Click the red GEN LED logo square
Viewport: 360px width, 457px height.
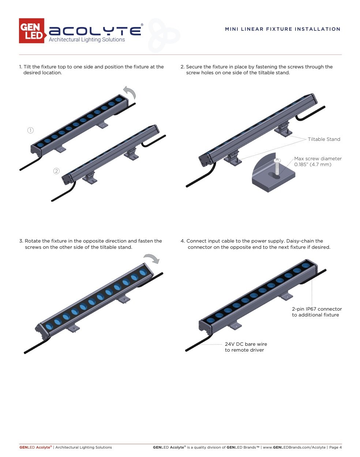(x=31, y=31)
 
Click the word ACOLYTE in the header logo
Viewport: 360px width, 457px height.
(x=95, y=31)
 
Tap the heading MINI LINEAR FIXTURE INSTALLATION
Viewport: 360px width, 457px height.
(x=283, y=29)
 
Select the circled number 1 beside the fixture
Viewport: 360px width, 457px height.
(x=31, y=130)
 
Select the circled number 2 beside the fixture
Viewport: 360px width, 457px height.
(x=56, y=171)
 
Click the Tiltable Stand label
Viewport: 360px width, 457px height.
(x=324, y=139)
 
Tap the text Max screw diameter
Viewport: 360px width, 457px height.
(x=318, y=159)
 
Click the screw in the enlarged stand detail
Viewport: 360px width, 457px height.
(x=277, y=167)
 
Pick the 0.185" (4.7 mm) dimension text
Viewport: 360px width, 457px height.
(x=313, y=165)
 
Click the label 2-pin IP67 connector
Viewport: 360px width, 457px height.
(x=317, y=309)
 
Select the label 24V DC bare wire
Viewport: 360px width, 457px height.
(x=246, y=344)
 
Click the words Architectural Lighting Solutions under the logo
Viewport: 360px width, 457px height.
(x=87, y=40)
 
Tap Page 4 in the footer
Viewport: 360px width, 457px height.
(x=335, y=447)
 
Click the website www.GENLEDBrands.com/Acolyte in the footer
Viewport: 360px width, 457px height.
(x=294, y=447)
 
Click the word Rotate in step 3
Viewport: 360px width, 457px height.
(x=33, y=241)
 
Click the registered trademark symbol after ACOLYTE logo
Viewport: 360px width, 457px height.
(x=142, y=25)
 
